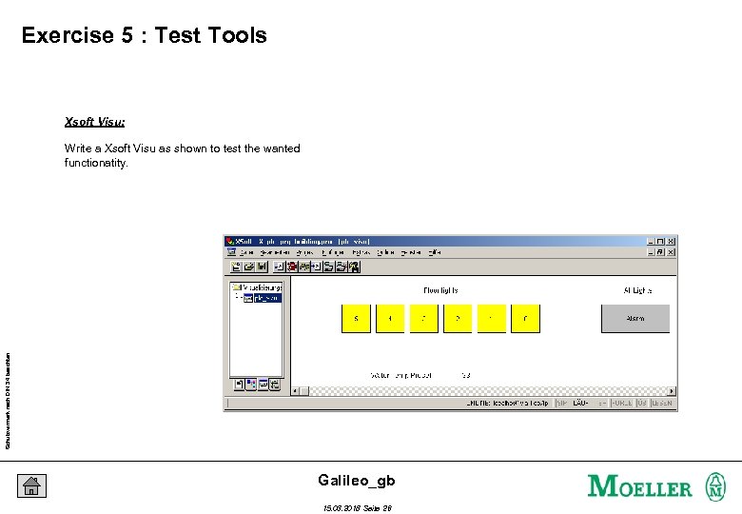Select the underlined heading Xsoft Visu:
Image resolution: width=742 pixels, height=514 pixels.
[x=94, y=122]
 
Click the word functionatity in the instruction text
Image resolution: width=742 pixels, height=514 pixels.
[x=95, y=163]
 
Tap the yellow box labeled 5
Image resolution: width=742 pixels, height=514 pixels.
[x=356, y=318]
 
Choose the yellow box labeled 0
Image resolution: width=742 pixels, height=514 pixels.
[x=525, y=318]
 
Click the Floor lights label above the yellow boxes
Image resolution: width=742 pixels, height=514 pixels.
[x=440, y=289]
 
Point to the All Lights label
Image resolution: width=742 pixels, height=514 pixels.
[x=637, y=289]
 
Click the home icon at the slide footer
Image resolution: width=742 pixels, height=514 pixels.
[x=31, y=485]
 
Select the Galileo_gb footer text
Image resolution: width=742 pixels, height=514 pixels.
[x=356, y=481]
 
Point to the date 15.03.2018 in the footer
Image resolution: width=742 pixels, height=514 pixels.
[x=343, y=508]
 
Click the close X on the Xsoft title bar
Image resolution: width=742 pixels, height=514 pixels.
[x=672, y=242]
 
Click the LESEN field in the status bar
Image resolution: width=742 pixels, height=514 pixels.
[x=662, y=404]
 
